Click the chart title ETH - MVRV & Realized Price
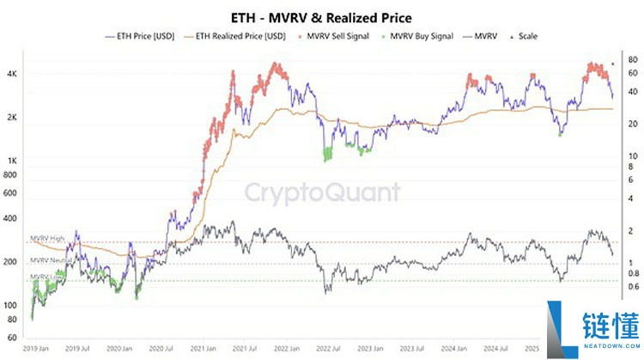[322, 16]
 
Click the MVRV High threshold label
[47, 238]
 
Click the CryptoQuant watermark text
[323, 192]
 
